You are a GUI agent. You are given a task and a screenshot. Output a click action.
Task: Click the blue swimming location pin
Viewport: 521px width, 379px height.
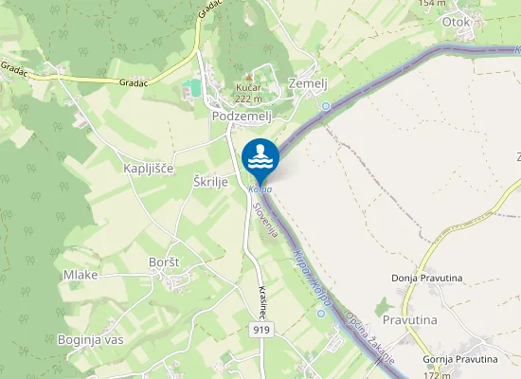tap(260, 157)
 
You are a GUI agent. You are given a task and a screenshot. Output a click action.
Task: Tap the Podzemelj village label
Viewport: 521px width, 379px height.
tap(242, 116)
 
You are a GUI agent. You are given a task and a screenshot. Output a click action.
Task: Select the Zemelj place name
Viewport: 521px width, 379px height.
tap(307, 83)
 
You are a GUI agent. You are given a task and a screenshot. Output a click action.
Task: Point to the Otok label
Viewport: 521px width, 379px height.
tap(457, 21)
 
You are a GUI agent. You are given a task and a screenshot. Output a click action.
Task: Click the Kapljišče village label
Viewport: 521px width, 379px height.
tap(149, 168)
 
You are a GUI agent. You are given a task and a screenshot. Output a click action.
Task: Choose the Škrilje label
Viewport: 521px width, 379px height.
tap(211, 182)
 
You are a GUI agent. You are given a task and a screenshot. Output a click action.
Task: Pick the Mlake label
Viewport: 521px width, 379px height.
tap(81, 275)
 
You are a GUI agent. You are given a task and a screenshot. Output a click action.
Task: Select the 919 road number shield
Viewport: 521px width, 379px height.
tap(262, 329)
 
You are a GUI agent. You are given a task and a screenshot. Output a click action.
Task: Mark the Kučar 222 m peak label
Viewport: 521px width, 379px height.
tap(248, 93)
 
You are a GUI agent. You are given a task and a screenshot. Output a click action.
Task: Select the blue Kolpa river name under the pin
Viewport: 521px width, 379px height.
tap(260, 189)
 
